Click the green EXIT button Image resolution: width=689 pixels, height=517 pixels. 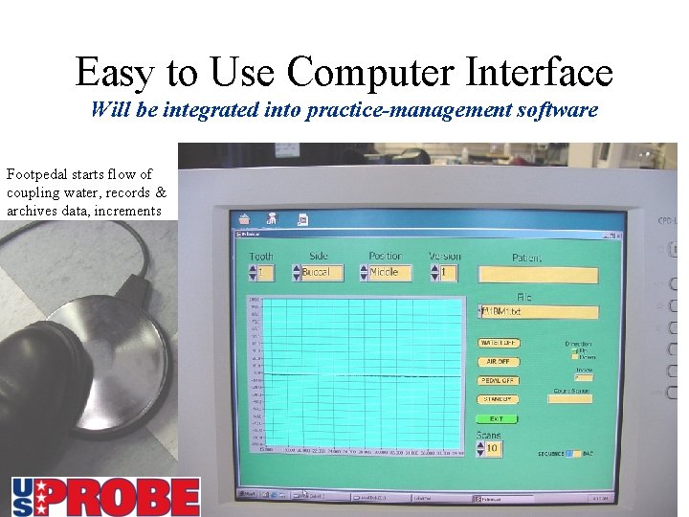tap(499, 419)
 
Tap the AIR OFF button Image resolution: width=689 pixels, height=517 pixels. tap(499, 362)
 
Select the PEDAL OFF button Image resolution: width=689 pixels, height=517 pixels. tap(499, 380)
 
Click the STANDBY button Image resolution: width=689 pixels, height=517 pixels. tap(499, 399)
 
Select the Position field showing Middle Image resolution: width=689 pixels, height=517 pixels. tap(390, 273)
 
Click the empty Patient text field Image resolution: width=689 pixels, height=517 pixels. tap(538, 276)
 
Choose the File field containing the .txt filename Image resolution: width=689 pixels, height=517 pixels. tap(540, 312)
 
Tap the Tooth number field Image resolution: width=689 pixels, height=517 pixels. tap(265, 273)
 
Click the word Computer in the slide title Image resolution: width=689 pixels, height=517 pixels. tap(379, 73)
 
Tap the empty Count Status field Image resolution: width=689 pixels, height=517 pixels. tap(569, 398)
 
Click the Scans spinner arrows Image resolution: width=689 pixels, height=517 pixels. tap(481, 448)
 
